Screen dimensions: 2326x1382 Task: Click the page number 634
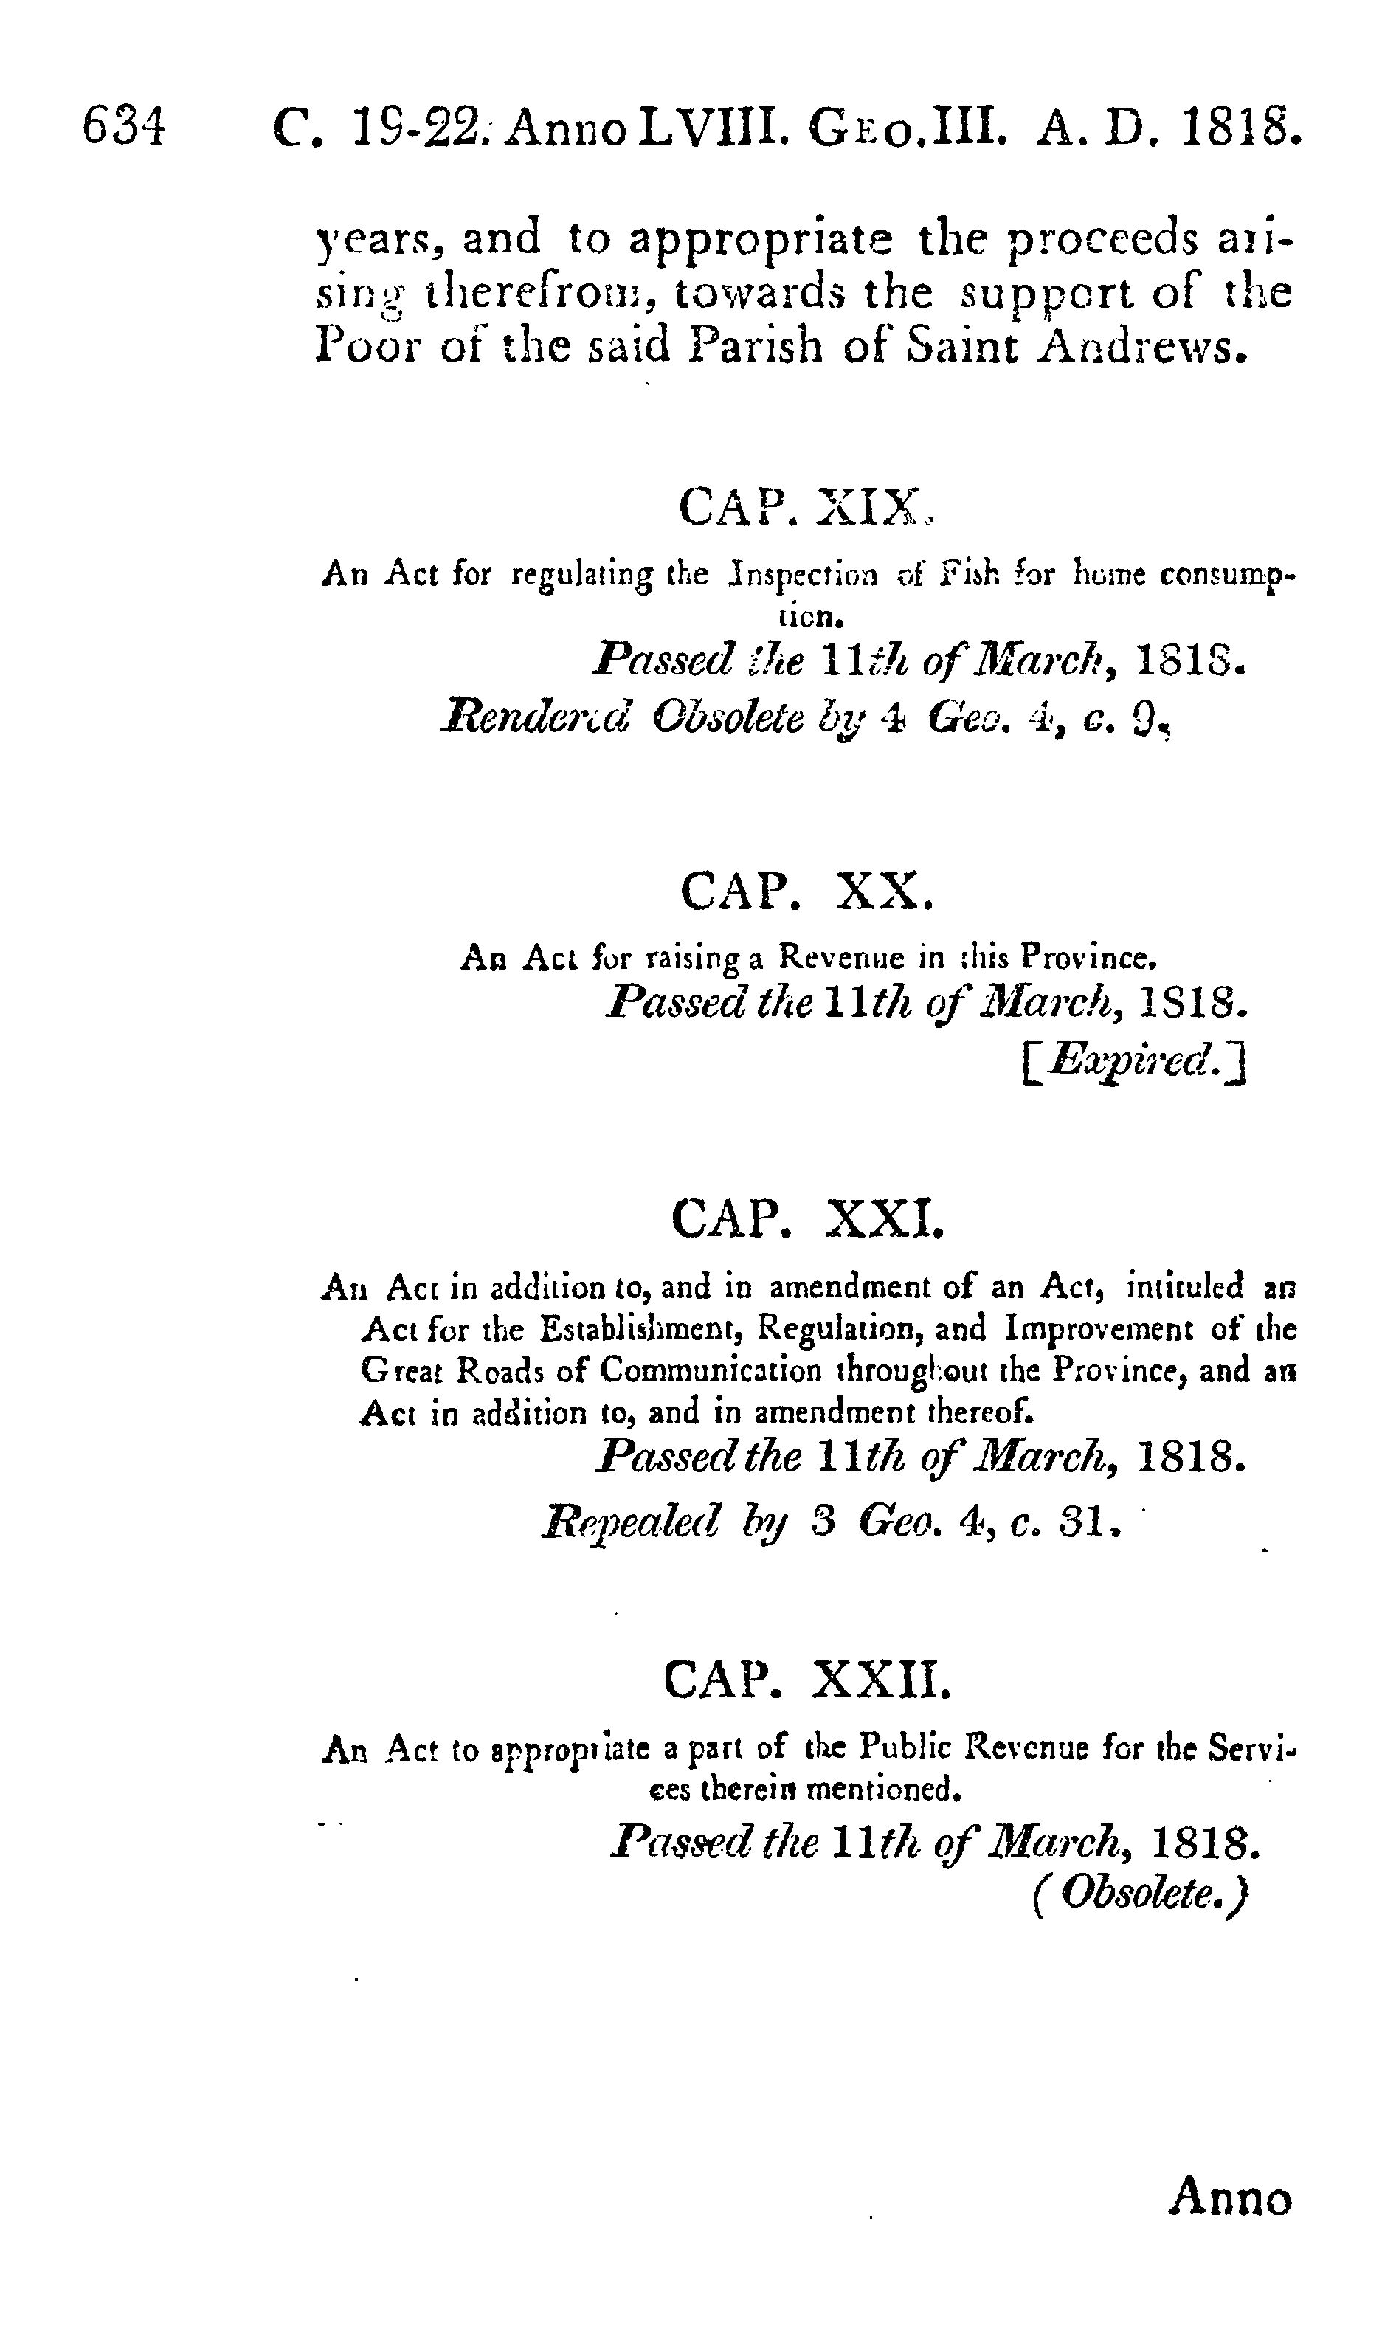click(124, 127)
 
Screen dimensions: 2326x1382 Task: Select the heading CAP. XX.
click(806, 891)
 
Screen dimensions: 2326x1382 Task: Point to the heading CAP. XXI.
click(807, 1218)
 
